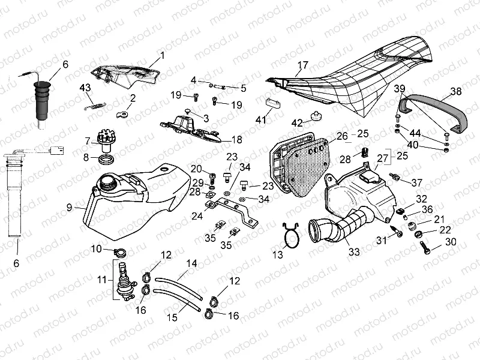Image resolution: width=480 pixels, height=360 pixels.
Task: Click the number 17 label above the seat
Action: (303, 65)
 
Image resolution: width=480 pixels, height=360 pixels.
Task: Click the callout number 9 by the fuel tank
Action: (70, 207)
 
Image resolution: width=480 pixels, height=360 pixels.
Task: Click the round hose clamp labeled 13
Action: (290, 235)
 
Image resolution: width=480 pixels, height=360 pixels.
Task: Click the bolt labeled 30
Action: (426, 246)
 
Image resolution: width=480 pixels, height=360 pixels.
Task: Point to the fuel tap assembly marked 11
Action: (124, 280)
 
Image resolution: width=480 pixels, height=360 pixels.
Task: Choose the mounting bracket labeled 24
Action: (231, 212)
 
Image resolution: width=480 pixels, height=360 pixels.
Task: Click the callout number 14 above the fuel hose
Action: (191, 263)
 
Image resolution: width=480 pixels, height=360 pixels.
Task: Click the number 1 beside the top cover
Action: (161, 58)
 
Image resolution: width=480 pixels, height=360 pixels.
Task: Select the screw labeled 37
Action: (397, 177)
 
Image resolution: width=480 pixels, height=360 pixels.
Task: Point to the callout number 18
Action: (236, 139)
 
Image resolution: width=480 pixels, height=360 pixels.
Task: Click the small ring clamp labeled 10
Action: (118, 251)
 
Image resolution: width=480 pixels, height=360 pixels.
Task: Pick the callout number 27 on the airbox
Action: (382, 158)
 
